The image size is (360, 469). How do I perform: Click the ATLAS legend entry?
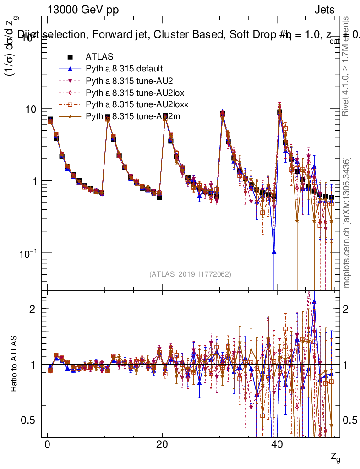(x=96, y=57)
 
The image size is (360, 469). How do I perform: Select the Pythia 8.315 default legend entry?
(x=124, y=69)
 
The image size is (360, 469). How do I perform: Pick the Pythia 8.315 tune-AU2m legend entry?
(x=129, y=116)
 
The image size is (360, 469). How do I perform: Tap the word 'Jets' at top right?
(x=324, y=10)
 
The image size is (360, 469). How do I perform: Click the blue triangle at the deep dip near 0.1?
(x=274, y=251)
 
